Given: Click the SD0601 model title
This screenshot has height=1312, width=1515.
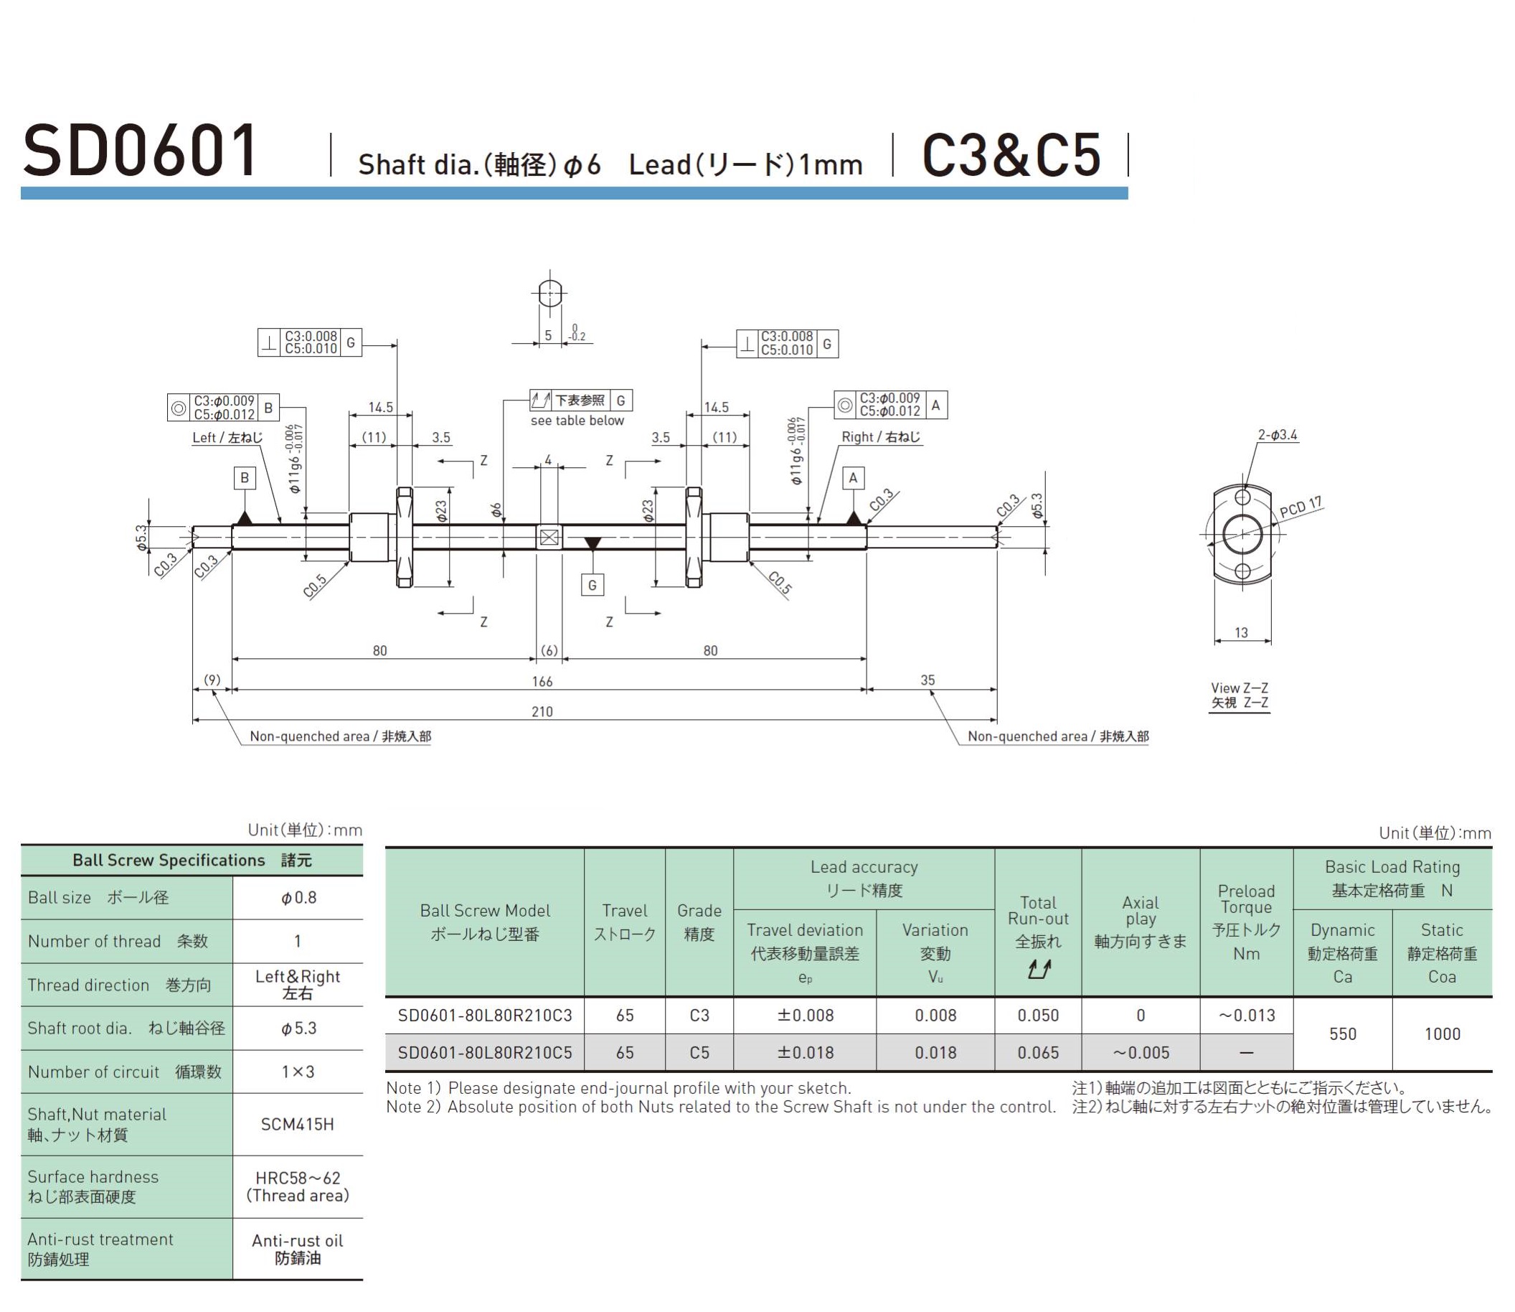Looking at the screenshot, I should [x=141, y=151].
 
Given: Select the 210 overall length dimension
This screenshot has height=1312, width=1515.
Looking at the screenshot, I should [x=542, y=711].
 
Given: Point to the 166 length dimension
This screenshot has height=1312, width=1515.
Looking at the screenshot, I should [x=542, y=682].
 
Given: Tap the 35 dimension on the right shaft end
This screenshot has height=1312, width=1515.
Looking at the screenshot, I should [x=928, y=680].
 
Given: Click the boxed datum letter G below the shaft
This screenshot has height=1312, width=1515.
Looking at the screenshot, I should [x=592, y=585].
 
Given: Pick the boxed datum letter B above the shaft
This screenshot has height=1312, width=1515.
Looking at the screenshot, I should [x=245, y=478].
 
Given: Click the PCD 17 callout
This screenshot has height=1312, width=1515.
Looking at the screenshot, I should [x=1301, y=507].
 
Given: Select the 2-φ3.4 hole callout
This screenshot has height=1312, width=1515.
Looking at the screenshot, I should [x=1277, y=435].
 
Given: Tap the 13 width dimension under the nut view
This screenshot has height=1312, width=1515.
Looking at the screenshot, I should [x=1241, y=632].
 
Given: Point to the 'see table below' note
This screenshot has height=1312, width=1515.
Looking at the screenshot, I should [x=577, y=421].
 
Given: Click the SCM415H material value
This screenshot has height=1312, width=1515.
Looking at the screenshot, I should [x=297, y=1124].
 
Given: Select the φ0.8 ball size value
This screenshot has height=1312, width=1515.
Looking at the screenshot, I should [x=298, y=898].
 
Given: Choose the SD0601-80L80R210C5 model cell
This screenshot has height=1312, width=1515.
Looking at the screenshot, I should [x=484, y=1052].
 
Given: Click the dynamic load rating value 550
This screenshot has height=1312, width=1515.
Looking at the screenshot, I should [x=1342, y=1034].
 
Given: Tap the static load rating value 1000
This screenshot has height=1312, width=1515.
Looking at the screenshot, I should [x=1442, y=1034].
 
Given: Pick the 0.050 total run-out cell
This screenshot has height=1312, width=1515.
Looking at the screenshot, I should [x=1038, y=1016].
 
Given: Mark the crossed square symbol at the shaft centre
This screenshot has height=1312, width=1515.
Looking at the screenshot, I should [x=549, y=538].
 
